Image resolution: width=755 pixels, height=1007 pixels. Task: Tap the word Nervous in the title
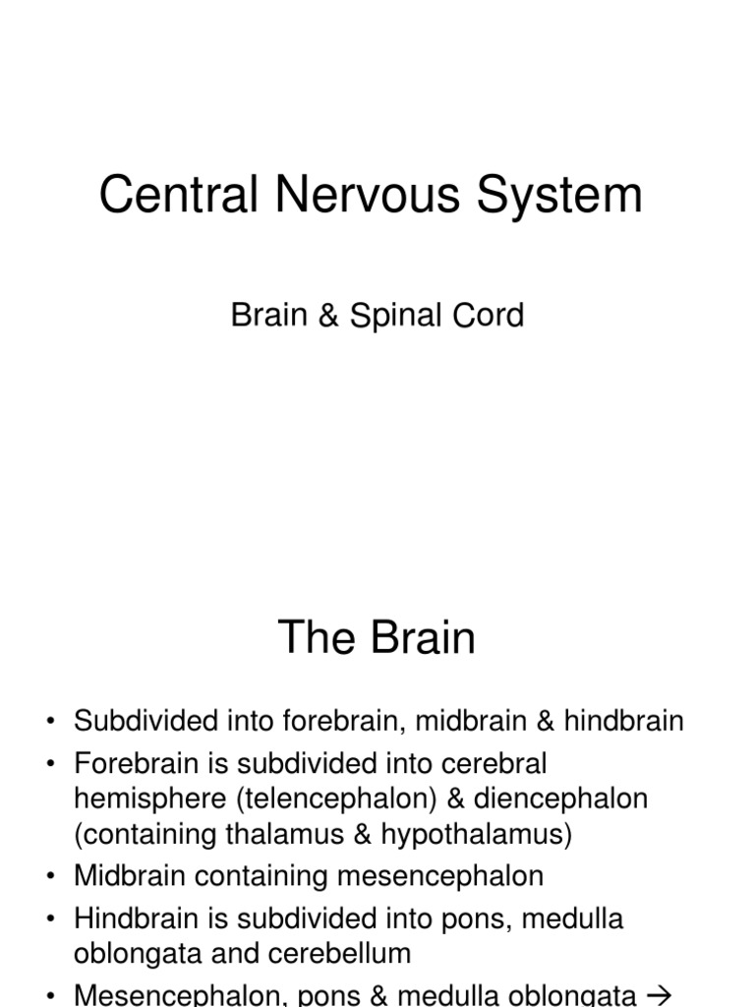click(x=369, y=195)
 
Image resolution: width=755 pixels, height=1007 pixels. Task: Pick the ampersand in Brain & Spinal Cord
click(x=325, y=316)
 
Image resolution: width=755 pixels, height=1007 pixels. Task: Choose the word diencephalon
click(x=556, y=799)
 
